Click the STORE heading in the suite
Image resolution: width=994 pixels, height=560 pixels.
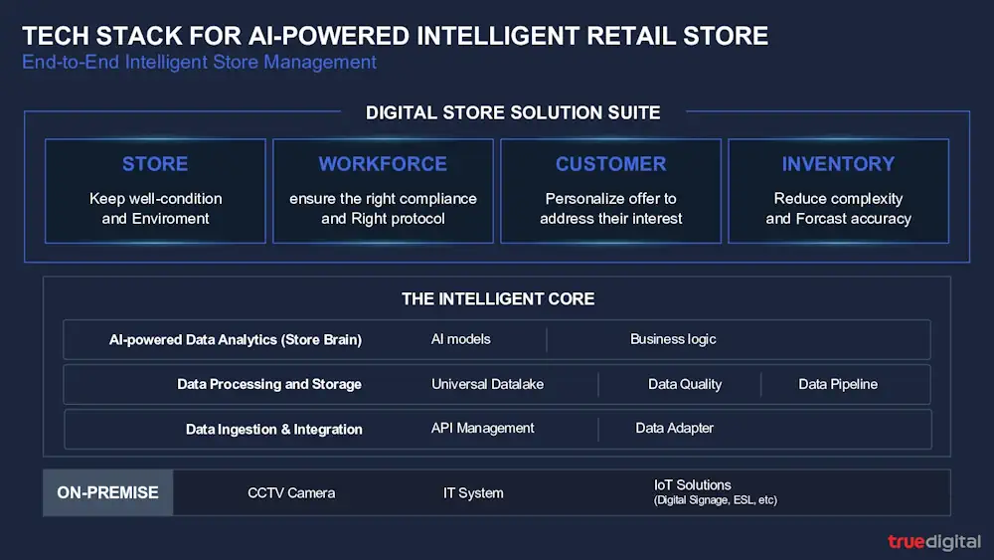point(155,164)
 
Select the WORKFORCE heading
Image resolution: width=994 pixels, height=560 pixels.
point(383,164)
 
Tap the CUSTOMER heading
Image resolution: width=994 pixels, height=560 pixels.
point(610,164)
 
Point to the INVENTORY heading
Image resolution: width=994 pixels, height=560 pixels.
point(838,164)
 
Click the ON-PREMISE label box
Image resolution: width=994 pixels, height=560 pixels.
point(107,492)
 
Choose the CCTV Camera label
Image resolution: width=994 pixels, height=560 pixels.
point(291,492)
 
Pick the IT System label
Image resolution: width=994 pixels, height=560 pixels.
point(473,492)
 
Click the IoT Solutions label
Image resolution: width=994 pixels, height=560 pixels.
point(692,485)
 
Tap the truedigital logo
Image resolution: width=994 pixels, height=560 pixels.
point(934,542)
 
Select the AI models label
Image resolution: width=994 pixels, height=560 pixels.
point(461,339)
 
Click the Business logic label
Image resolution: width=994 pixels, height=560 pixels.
point(673,339)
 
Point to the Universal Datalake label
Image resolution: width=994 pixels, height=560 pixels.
point(487,384)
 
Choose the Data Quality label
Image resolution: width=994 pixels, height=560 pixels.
point(685,384)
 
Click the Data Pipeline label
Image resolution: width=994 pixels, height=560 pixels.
point(838,384)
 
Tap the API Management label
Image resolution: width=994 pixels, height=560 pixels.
point(482,428)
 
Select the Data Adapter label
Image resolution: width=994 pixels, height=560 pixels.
point(675,428)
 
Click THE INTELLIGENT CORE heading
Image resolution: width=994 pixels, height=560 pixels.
point(498,298)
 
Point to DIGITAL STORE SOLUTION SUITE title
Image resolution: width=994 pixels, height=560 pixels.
point(513,112)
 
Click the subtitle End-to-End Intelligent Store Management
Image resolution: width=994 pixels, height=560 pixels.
point(199,62)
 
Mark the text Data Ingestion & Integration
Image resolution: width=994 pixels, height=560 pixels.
point(274,430)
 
